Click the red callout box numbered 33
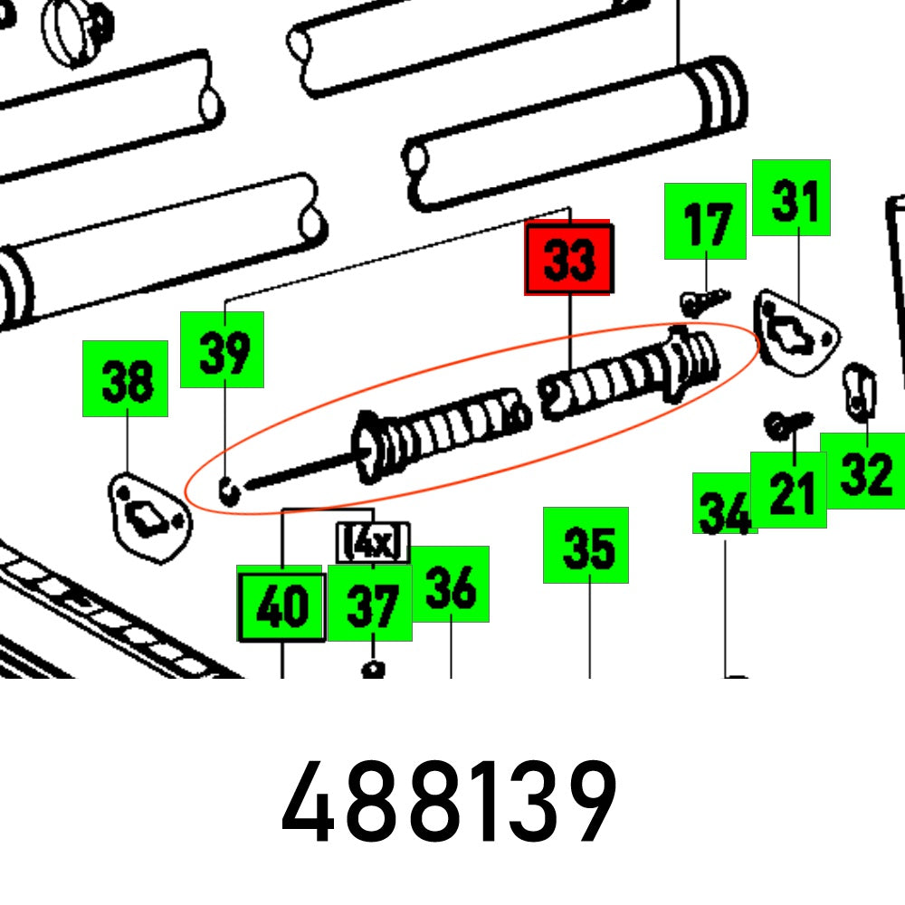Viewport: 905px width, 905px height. (x=569, y=259)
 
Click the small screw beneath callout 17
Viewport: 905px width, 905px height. (x=704, y=300)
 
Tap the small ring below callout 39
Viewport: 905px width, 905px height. (x=230, y=491)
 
